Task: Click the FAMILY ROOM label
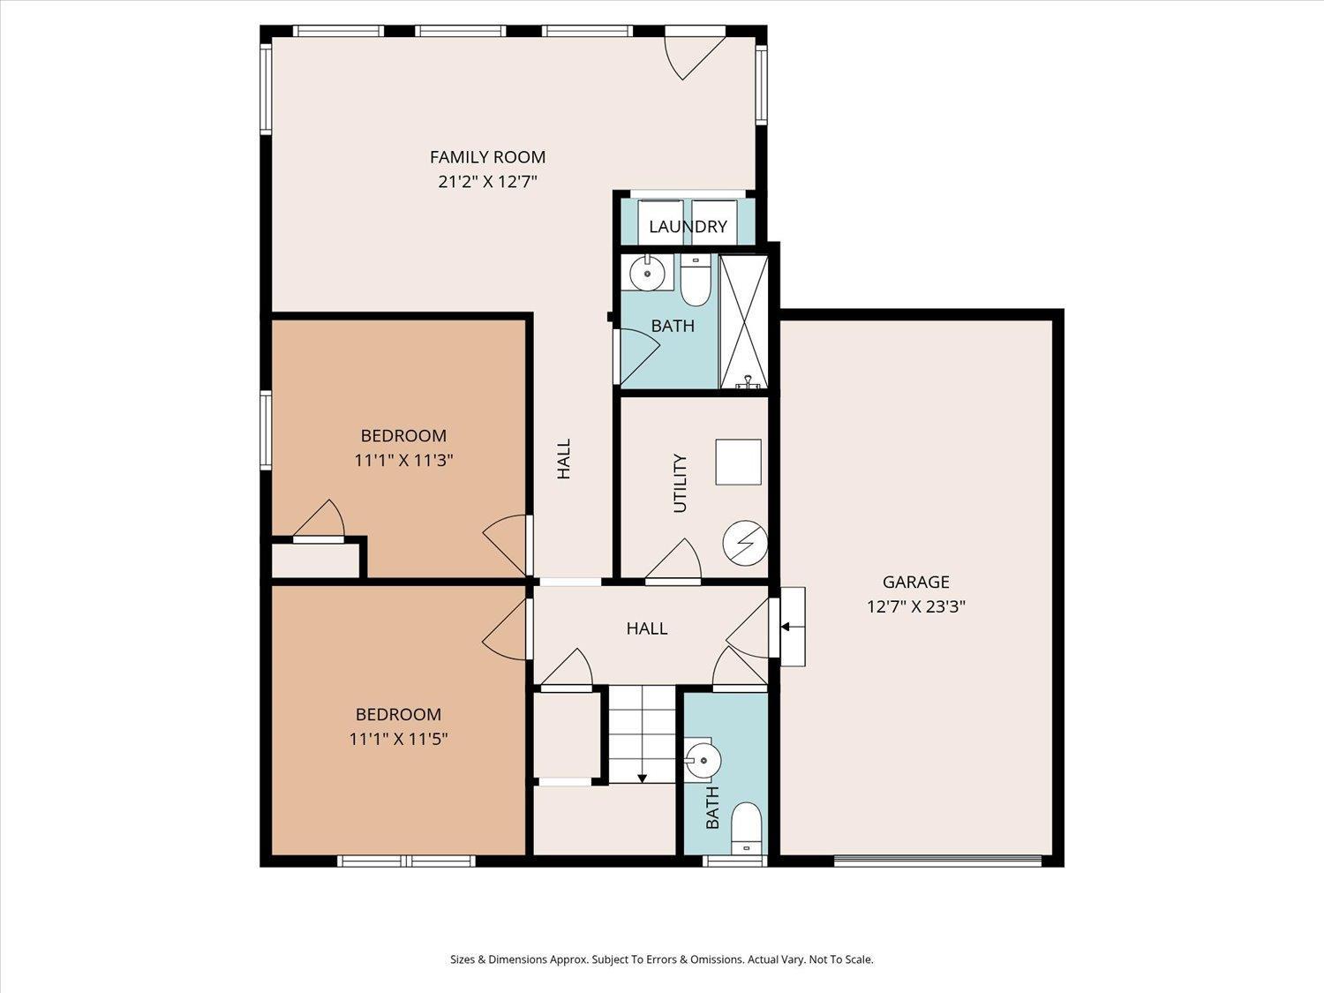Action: click(x=487, y=157)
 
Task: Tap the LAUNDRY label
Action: click(x=688, y=227)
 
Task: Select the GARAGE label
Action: click(x=915, y=582)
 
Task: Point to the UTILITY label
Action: click(x=680, y=484)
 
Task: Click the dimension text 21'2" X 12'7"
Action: click(x=487, y=182)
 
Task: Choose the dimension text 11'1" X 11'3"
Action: click(x=403, y=461)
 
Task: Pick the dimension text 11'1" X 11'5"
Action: click(x=399, y=739)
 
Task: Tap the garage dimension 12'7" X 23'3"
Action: click(x=916, y=606)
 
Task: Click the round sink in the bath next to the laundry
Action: click(x=647, y=273)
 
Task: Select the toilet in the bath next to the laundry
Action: click(x=696, y=280)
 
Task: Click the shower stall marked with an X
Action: click(x=744, y=322)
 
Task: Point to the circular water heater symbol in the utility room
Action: click(x=746, y=543)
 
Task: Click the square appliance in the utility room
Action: click(x=738, y=462)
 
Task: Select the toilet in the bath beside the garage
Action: click(x=747, y=829)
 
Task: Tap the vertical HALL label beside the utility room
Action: click(x=563, y=459)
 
